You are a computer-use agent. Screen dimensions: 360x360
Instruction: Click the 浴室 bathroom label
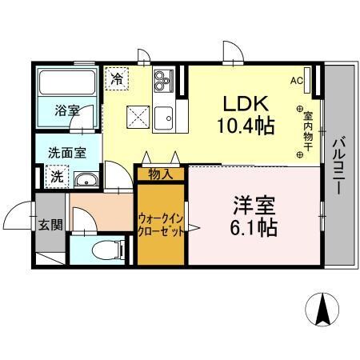tap(67, 110)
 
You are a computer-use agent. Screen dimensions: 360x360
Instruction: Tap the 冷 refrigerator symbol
tap(117, 78)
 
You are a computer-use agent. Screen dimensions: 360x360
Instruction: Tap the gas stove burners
tap(164, 79)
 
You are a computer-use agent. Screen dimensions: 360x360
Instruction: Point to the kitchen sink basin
tap(166, 114)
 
